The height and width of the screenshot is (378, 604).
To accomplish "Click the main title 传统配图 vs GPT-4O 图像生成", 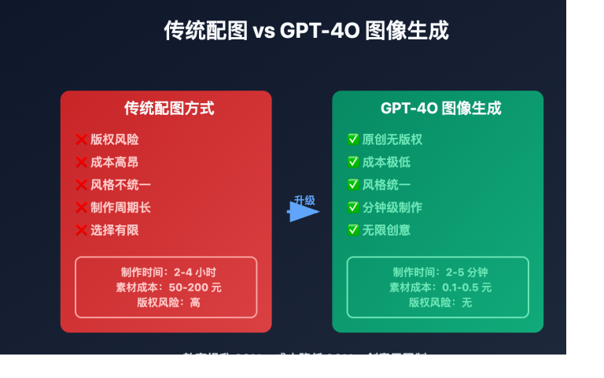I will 307,31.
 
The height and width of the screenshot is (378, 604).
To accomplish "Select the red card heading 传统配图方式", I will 169,109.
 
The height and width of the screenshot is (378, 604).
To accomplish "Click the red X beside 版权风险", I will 81,139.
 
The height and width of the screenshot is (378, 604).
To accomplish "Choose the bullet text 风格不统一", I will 120,185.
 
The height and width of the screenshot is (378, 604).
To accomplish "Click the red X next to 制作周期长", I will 81,208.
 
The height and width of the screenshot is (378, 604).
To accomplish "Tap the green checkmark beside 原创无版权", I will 353,139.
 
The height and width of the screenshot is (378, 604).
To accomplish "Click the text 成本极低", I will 386,162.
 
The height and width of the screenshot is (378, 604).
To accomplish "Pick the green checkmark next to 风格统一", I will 353,185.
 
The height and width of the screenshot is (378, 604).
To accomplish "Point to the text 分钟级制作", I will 392,208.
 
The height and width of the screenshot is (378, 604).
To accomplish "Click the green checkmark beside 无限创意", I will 353,231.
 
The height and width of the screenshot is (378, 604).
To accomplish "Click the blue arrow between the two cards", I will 302,212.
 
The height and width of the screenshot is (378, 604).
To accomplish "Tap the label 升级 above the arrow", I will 304,200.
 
